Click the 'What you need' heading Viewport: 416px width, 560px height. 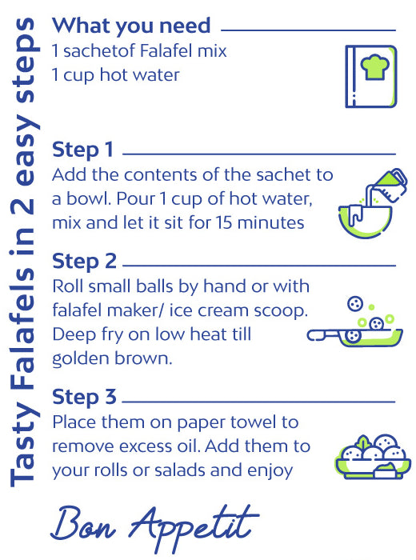[x=131, y=26]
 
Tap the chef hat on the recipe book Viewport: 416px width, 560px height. [x=374, y=66]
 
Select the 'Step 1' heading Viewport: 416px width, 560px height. [x=82, y=150]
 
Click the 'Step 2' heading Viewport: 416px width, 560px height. [x=84, y=262]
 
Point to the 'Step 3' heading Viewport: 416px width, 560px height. [x=84, y=398]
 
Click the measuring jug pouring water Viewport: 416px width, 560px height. [x=387, y=186]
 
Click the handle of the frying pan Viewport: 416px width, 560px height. [x=323, y=335]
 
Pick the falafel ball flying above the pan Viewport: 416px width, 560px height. [x=355, y=304]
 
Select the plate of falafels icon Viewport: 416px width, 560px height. [x=373, y=457]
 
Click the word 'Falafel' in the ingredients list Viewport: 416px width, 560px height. [x=166, y=50]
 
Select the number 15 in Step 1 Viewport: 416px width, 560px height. [x=224, y=223]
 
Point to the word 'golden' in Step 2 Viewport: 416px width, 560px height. [x=78, y=359]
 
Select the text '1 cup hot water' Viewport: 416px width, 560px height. [x=116, y=75]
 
